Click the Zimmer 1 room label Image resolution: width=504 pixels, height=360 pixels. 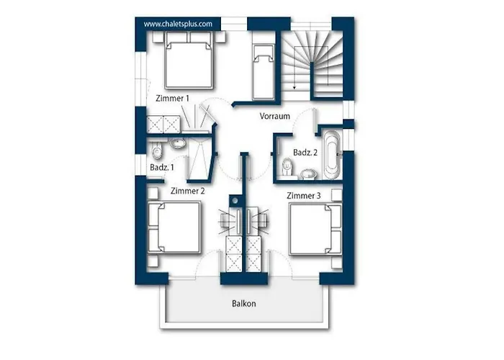point(172,99)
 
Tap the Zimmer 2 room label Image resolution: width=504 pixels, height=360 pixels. point(187,191)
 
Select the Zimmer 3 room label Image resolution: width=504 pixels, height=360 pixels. point(303,196)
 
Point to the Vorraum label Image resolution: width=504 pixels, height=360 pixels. point(275,116)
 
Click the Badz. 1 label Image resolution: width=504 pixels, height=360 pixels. point(162,167)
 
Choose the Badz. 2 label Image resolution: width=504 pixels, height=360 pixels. point(305,153)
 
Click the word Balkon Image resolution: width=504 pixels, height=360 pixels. point(244,304)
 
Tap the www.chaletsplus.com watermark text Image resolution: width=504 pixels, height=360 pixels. point(178,24)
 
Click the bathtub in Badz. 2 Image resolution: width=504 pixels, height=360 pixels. point(332,155)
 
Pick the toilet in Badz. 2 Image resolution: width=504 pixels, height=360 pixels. point(287,168)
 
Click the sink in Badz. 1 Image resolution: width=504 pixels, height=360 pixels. point(177,143)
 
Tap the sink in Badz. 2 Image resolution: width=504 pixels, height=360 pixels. point(309,174)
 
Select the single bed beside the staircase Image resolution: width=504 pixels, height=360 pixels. point(264,72)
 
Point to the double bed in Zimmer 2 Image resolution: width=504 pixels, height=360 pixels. point(174,228)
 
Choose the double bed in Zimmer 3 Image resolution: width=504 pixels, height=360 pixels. point(315,229)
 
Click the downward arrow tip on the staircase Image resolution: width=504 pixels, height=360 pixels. point(294,89)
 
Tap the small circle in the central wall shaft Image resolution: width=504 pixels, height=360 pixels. point(235,201)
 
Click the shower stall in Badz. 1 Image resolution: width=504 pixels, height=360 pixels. point(199,159)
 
